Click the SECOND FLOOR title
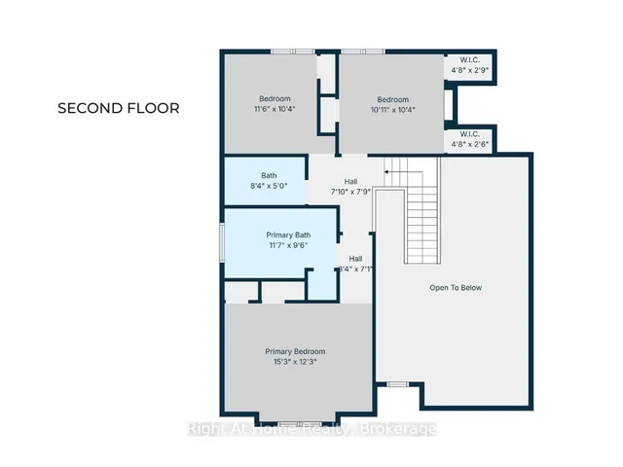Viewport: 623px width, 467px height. click(x=119, y=108)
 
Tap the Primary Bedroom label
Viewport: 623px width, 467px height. click(x=295, y=351)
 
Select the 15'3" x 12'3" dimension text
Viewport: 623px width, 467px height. click(x=295, y=362)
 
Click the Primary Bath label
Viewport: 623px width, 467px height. click(x=288, y=235)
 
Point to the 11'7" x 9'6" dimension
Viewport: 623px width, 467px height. click(x=288, y=245)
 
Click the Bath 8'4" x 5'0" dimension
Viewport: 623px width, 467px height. click(x=269, y=186)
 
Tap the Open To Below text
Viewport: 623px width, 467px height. click(x=456, y=288)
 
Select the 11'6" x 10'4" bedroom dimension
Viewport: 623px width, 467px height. click(x=275, y=109)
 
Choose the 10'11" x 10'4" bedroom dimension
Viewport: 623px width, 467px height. click(x=393, y=110)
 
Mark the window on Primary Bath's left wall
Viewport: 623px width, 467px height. click(x=223, y=242)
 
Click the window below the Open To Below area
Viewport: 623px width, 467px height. click(x=398, y=384)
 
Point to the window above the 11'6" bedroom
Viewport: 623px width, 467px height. click(x=293, y=52)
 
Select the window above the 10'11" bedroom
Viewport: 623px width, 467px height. click(x=363, y=52)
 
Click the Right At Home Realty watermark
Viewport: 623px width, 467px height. click(x=311, y=429)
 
